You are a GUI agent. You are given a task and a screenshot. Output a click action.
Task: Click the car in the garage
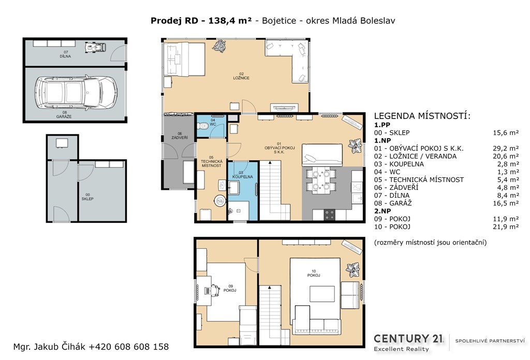tap(76, 92)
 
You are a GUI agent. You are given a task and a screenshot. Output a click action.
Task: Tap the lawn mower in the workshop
tap(95, 47)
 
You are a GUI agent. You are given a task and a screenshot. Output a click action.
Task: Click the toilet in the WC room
tap(203, 126)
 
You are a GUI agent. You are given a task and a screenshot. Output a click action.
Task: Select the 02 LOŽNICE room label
tap(241, 76)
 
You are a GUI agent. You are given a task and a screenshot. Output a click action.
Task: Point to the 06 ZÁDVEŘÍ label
tap(180, 136)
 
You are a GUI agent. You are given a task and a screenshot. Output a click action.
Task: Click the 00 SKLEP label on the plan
tap(87, 197)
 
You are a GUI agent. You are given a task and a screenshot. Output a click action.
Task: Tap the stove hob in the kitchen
tap(330, 215)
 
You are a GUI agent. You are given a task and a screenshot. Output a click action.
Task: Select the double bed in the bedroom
tap(185, 60)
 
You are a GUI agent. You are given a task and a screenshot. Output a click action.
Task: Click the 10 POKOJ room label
tap(314, 273)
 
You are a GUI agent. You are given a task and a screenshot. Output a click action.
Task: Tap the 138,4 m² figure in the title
tap(230, 21)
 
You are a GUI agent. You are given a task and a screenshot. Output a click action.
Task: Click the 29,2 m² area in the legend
tap(506, 148)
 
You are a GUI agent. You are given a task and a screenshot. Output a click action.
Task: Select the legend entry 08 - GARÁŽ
tap(393, 203)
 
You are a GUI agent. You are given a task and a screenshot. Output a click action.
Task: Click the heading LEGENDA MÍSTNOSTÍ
tap(422, 116)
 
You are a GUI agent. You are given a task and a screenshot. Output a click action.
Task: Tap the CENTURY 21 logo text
tap(408, 339)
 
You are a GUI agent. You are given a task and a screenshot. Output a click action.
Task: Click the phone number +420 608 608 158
tap(129, 347)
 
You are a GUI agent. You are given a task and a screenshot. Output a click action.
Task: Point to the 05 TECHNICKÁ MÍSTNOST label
tap(211, 161)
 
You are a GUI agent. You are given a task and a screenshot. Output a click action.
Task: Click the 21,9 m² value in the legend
tap(506, 227)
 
